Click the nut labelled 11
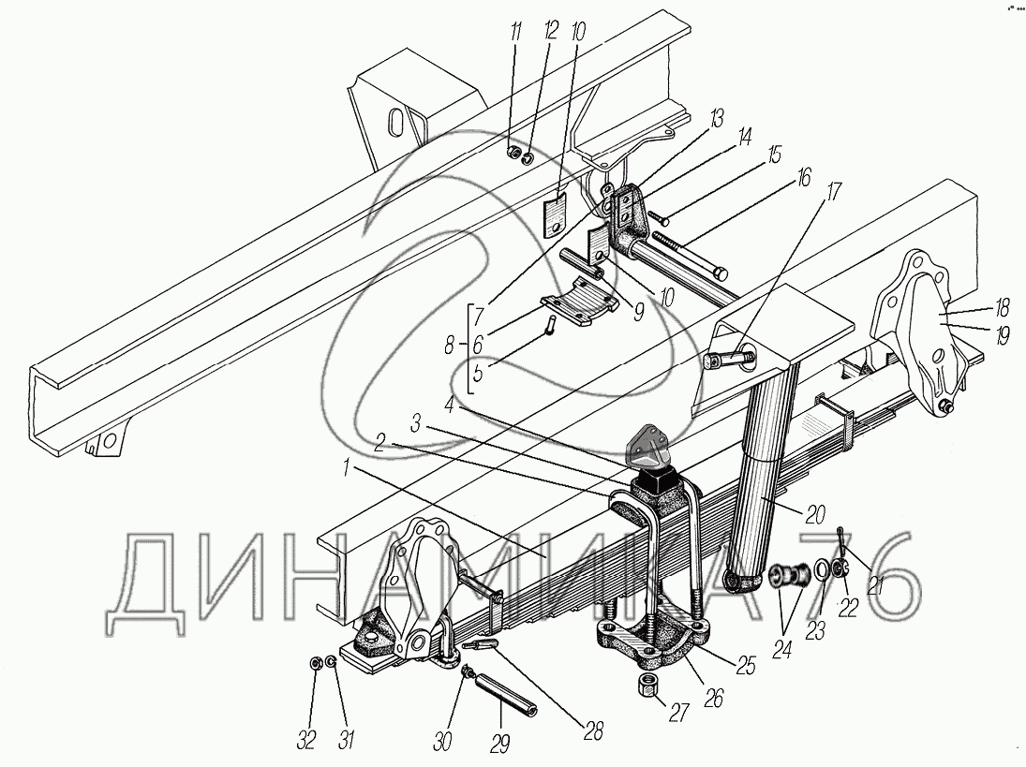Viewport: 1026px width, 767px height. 513,154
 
